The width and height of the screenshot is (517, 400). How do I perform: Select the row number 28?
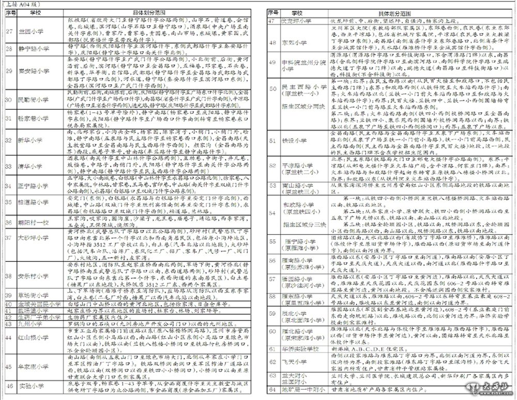tap(9, 49)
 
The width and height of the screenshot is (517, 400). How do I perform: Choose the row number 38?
tap(9, 275)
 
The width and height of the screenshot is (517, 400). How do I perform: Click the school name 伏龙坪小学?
tap(296, 21)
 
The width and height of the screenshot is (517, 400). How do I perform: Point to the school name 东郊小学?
tap(293, 41)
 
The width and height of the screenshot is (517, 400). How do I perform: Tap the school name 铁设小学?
tap(293, 141)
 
